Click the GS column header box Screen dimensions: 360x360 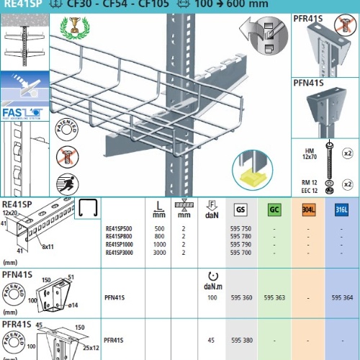240,210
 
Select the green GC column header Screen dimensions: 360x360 274,210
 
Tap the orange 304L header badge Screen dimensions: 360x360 308,210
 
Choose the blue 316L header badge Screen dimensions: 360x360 342,210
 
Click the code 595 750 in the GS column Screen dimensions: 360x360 241,228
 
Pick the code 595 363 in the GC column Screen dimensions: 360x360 274,297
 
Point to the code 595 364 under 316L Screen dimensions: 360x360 342,297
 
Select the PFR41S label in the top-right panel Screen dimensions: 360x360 308,17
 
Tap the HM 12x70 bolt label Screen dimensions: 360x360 308,153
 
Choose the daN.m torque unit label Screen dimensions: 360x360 212,286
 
